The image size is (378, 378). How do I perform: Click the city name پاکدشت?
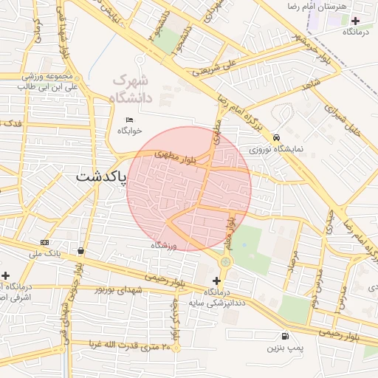tap(101, 177)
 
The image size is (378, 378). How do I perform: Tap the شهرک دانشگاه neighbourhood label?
tap(131, 88)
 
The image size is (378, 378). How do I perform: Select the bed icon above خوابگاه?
tap(130, 120)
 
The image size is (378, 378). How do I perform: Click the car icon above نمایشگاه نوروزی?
tap(276, 137)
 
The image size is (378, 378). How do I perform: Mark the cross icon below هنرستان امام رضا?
tap(356, 21)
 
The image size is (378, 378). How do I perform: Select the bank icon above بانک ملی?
tap(46, 243)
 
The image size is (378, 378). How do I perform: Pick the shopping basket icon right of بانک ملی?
tap(80, 251)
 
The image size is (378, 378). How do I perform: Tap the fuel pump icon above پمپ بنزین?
tap(275, 336)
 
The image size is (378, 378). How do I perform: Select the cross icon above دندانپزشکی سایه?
tap(216, 281)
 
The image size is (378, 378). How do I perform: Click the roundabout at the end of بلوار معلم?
tap(225, 261)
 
